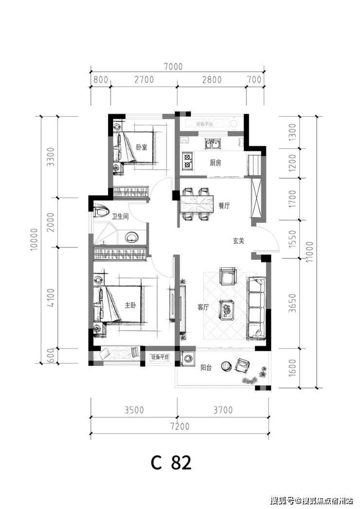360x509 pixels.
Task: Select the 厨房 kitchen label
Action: click(x=216, y=163)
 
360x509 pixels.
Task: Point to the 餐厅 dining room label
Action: click(x=224, y=206)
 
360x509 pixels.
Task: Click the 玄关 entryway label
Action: click(x=237, y=240)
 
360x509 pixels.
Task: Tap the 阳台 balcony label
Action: click(x=206, y=368)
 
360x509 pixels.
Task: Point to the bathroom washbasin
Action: click(x=132, y=237)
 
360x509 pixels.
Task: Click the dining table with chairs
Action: click(x=198, y=204)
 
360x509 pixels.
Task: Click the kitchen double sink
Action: click(x=213, y=144)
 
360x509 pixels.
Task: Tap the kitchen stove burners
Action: click(x=187, y=161)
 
